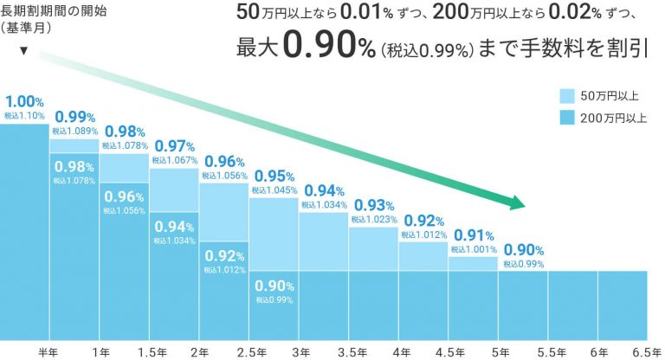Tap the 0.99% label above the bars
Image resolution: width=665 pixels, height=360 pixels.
(x=74, y=117)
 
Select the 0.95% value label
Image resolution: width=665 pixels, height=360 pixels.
(x=273, y=176)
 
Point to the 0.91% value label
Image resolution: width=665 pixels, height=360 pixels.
(x=473, y=235)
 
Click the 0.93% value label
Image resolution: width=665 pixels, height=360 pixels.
(x=373, y=206)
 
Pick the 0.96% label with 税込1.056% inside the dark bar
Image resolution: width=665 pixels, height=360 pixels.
(x=124, y=196)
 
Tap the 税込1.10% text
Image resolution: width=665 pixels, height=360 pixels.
(x=22, y=114)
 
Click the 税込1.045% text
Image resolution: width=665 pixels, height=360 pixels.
(x=273, y=190)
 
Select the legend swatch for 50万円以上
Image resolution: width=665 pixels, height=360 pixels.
(x=568, y=97)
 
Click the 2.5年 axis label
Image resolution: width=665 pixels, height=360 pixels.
(x=249, y=352)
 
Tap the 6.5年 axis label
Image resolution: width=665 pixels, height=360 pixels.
(x=648, y=352)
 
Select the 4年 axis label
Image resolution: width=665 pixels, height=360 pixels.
(x=400, y=352)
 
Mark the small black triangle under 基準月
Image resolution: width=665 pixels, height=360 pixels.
(x=23, y=51)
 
